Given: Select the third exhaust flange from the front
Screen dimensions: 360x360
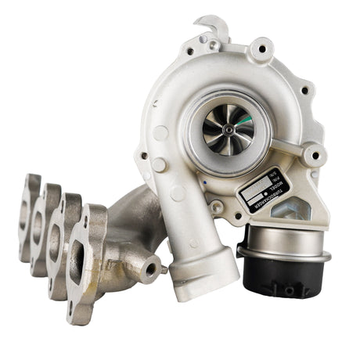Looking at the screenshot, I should (45, 227).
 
